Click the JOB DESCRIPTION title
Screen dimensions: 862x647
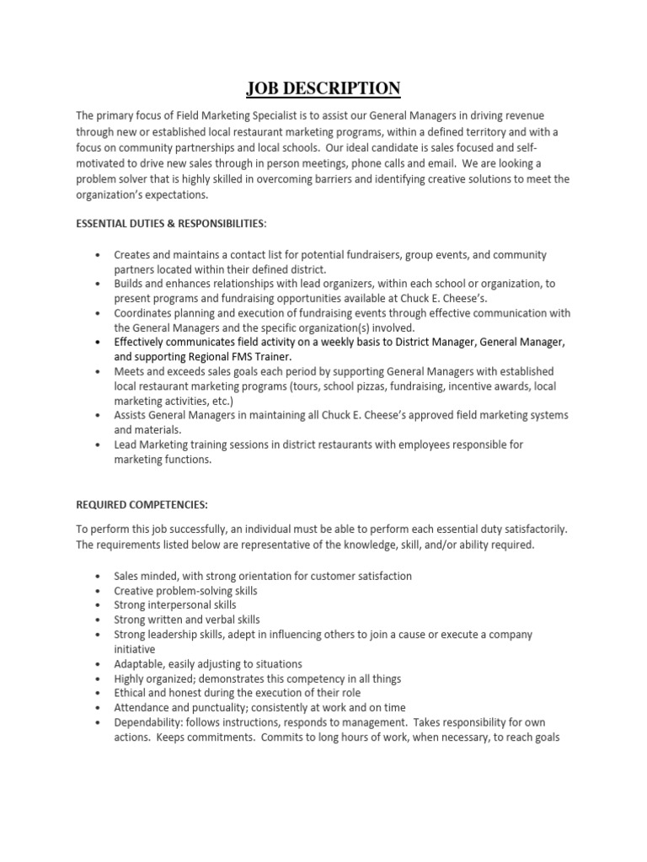[323, 88]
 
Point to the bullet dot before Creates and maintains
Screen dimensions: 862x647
[99, 254]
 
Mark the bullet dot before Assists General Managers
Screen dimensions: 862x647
[99, 416]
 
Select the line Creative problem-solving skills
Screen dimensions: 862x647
[185, 591]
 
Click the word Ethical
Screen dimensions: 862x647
[131, 693]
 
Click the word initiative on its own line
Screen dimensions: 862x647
[136, 650]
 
